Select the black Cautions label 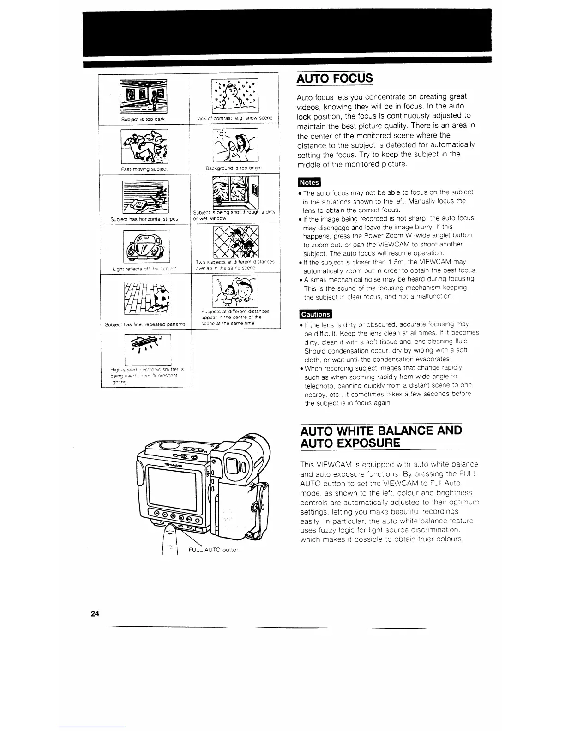316,314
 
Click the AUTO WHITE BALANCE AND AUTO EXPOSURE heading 380,437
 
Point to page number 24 96,613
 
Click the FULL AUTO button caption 214,550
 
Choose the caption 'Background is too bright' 234,168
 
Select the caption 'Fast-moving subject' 144,169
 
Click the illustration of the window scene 235,192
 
